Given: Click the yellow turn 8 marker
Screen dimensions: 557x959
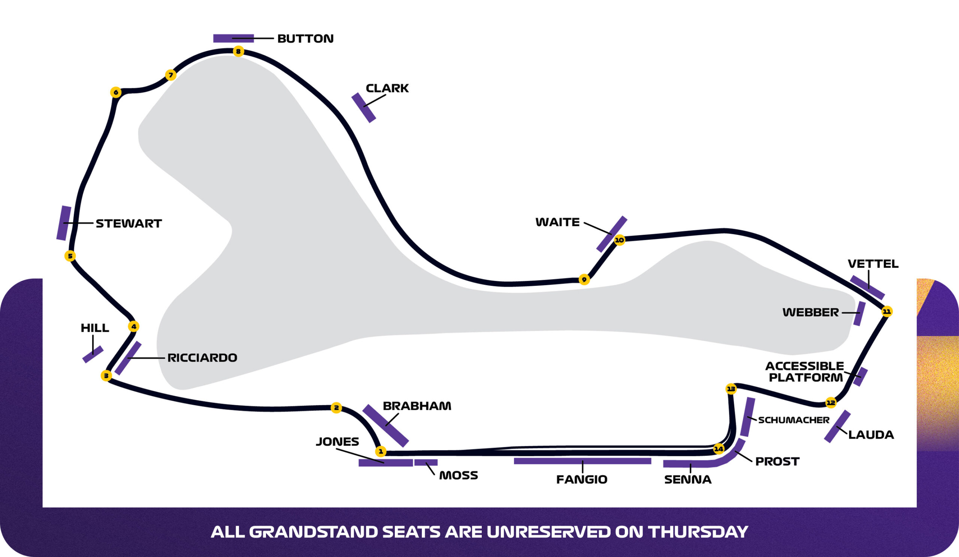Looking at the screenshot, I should pyautogui.click(x=238, y=51).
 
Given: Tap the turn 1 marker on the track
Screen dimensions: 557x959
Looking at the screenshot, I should pyautogui.click(x=381, y=452).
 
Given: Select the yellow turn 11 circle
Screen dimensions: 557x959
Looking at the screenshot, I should pyautogui.click(x=887, y=312).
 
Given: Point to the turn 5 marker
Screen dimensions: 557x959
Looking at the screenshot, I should pyautogui.click(x=70, y=256).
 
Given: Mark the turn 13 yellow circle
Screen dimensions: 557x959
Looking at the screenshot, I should pyautogui.click(x=731, y=389).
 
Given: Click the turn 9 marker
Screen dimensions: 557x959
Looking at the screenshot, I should pyautogui.click(x=584, y=280).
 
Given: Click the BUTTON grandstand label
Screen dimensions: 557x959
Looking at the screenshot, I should pyautogui.click(x=305, y=39).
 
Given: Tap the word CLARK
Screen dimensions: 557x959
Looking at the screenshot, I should pyautogui.click(x=387, y=88).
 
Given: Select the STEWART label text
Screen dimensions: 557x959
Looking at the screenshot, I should pyautogui.click(x=128, y=223).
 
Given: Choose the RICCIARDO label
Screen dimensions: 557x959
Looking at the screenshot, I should pyautogui.click(x=202, y=358).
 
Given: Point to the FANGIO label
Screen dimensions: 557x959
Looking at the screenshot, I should pyautogui.click(x=581, y=479).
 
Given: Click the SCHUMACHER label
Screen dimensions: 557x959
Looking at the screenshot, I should pyautogui.click(x=793, y=420).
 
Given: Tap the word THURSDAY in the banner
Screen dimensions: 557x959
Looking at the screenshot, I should pyautogui.click(x=698, y=532).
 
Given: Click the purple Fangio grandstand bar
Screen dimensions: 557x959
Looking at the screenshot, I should pyautogui.click(x=582, y=461).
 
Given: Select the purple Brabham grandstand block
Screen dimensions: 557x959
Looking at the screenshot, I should pyautogui.click(x=385, y=426).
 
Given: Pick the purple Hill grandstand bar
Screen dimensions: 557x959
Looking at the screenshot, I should pyautogui.click(x=93, y=354).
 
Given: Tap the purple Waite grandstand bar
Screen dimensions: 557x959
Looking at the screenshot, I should pyautogui.click(x=612, y=234).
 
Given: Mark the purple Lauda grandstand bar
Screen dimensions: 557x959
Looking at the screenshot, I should pyautogui.click(x=837, y=426).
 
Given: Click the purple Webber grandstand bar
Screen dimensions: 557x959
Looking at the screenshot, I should pyautogui.click(x=859, y=314).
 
